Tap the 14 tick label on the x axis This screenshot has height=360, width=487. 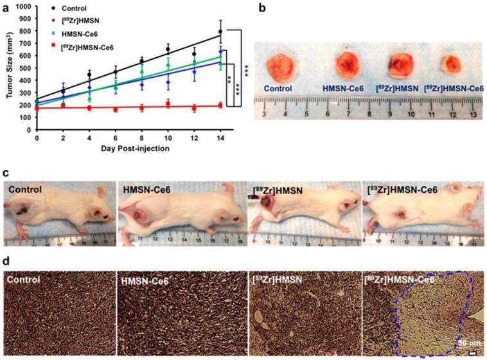(220, 138)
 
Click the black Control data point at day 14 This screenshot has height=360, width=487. (220, 32)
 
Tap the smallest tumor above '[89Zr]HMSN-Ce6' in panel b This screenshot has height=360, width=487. (450, 64)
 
